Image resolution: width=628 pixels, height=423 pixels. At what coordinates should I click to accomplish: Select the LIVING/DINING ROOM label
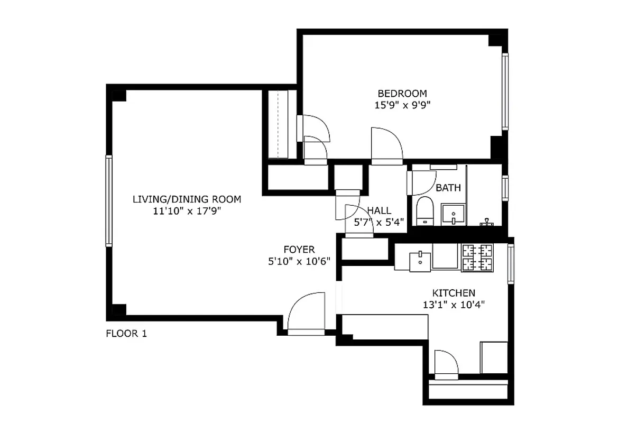pos(187,199)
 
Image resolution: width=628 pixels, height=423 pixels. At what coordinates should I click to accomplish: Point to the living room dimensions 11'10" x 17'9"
pos(187,211)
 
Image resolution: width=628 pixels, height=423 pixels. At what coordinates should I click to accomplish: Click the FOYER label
pos(299,250)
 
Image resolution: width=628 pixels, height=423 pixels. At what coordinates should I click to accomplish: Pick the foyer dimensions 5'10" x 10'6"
pos(299,261)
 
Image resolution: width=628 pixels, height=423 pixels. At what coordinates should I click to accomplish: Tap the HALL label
pos(379,210)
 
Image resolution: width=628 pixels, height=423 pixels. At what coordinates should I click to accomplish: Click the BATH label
pos(448,188)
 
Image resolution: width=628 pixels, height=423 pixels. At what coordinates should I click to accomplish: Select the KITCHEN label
pos(454,292)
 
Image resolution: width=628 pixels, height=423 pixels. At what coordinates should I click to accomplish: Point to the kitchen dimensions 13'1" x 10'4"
pos(454,304)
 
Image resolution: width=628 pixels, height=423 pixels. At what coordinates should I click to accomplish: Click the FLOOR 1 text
pos(126,334)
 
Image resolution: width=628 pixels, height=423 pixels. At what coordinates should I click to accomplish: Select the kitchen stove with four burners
pos(477,258)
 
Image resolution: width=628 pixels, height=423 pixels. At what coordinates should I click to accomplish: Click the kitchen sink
pos(420,259)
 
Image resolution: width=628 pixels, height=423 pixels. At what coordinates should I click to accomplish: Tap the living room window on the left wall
pos(109,200)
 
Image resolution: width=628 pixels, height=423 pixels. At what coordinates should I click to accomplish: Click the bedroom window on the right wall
pos(505,91)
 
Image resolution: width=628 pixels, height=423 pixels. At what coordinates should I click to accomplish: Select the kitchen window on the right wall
pos(511,263)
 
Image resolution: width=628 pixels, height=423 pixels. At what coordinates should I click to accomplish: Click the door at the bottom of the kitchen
pos(446,364)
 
